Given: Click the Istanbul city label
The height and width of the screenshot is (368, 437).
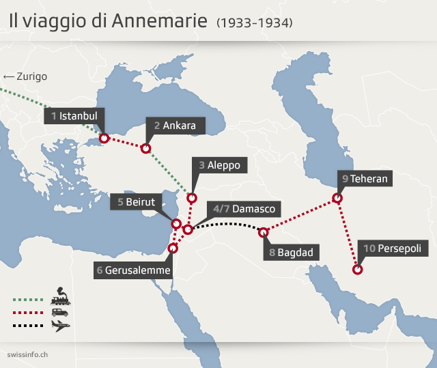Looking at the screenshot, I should point(74,116).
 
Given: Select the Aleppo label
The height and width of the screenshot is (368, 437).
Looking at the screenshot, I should point(218,165).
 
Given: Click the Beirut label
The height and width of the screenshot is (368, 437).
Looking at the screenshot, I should point(136,202).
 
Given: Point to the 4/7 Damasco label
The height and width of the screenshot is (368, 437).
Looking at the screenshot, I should point(244,209).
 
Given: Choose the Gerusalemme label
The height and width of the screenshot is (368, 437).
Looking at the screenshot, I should point(133,270).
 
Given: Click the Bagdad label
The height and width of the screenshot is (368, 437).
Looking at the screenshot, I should point(290,253).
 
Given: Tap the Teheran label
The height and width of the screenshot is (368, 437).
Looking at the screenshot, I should point(365,179).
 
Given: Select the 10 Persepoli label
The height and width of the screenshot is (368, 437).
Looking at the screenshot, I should point(393,249).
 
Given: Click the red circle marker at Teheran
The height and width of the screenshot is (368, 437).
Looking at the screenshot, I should point(337,199).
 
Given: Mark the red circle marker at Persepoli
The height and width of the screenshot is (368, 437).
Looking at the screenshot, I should point(358,270).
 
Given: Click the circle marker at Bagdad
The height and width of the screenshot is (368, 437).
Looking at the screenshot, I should point(264,233).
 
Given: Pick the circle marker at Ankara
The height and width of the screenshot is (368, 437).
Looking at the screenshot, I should point(145,147).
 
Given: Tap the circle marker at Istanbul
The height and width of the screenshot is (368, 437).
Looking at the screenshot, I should point(104,139).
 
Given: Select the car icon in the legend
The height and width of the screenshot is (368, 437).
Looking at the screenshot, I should point(60,311).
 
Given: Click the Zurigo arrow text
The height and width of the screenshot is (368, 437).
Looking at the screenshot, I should point(25,76).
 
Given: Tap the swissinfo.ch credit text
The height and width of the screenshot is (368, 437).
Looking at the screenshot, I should point(27,354).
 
